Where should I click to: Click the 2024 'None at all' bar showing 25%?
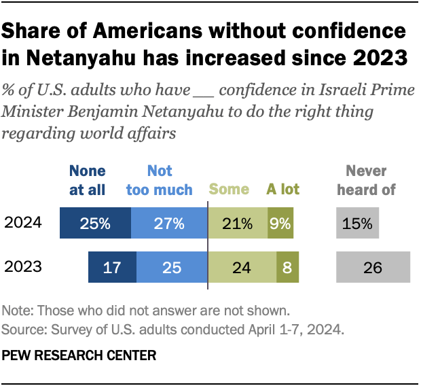(x=95, y=224)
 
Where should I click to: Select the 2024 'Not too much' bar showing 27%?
(x=168, y=224)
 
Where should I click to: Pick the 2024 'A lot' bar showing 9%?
(x=281, y=224)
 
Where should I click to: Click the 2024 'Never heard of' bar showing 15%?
(x=358, y=224)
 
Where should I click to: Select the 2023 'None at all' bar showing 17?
(x=112, y=266)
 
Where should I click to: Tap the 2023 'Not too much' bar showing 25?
(x=172, y=266)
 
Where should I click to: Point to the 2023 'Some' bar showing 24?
(x=242, y=266)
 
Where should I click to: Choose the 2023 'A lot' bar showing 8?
(x=287, y=266)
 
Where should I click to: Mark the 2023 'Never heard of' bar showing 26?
(x=373, y=266)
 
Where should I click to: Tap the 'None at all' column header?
(x=87, y=180)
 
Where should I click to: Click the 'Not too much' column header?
(x=160, y=180)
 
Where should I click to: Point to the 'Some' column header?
(x=229, y=190)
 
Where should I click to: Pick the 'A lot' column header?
(x=282, y=190)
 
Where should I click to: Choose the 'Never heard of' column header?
(x=367, y=180)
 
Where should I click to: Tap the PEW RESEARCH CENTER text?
(x=79, y=355)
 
